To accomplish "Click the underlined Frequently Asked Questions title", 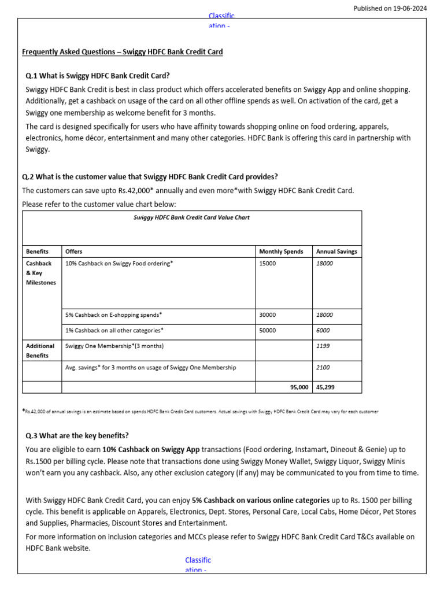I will [x=122, y=52].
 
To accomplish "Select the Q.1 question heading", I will [x=98, y=76].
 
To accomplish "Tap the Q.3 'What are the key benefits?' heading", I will [x=77, y=435].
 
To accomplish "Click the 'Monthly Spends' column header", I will [x=281, y=251].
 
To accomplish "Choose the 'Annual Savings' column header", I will [x=336, y=251].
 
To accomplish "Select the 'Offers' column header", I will [x=74, y=251].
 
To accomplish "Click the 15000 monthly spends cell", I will [x=268, y=264].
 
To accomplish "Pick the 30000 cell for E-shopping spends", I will [x=268, y=315].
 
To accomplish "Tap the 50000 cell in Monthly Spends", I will [x=268, y=331].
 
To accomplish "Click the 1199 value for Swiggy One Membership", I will [x=323, y=346].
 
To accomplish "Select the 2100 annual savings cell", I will [x=323, y=368].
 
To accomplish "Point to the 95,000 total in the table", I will [x=299, y=387].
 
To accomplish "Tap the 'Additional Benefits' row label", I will [x=40, y=351].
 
